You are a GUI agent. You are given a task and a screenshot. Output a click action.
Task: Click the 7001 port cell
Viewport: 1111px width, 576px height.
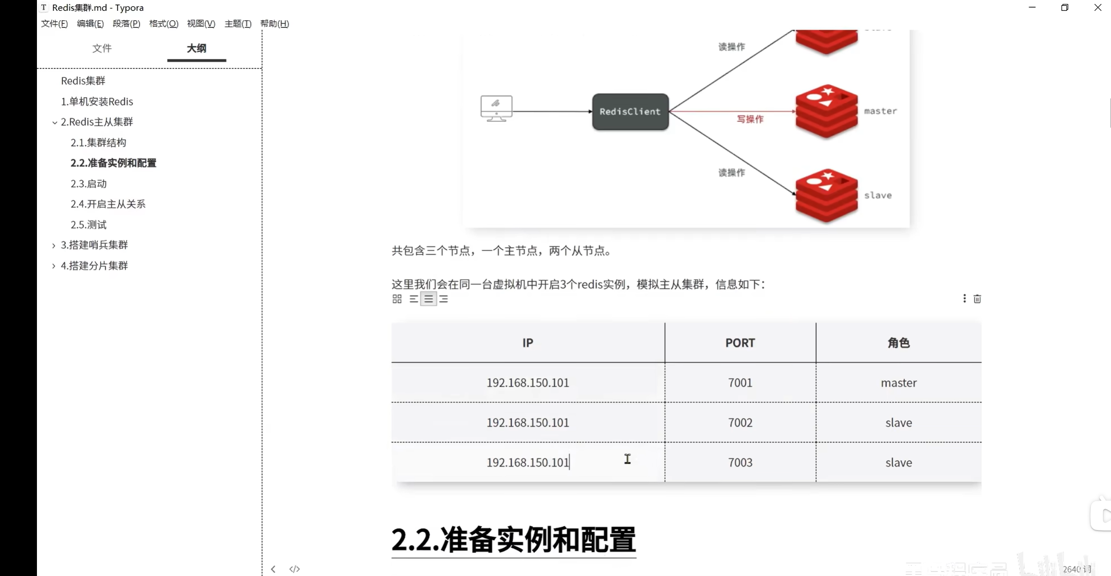pyautogui.click(x=740, y=383)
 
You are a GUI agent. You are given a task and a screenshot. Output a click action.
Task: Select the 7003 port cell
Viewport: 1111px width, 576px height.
pyautogui.click(x=740, y=462)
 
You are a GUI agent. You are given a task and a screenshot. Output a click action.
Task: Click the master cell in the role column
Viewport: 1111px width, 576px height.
pyautogui.click(x=898, y=383)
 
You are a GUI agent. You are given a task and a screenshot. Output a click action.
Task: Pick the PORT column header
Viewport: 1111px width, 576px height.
pyautogui.click(x=740, y=343)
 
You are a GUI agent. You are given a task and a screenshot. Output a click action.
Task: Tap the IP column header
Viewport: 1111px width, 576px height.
pyautogui.click(x=528, y=343)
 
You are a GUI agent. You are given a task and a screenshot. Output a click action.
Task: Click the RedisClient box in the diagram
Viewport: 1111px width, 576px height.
pyautogui.click(x=630, y=112)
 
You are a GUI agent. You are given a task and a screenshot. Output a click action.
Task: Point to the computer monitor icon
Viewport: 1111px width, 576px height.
pyautogui.click(x=496, y=108)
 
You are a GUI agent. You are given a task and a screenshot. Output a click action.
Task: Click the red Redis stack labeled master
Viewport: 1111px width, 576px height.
pyautogui.click(x=826, y=111)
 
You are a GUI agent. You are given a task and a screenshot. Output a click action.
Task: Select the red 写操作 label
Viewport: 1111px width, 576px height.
pyautogui.click(x=750, y=119)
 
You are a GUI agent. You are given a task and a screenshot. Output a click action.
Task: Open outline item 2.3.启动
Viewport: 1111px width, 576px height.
pyautogui.click(x=89, y=183)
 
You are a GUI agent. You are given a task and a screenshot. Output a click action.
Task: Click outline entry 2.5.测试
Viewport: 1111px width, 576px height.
pyautogui.click(x=89, y=224)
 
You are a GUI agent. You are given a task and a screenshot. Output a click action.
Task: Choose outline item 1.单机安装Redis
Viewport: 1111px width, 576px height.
pyautogui.click(x=97, y=101)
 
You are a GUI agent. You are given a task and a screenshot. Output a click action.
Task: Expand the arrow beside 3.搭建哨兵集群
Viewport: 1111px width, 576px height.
pyautogui.click(x=54, y=245)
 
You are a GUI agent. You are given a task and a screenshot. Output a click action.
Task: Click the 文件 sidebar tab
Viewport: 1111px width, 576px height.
pyautogui.click(x=102, y=48)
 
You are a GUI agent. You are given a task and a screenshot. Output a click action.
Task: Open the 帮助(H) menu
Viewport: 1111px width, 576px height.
pyautogui.click(x=274, y=23)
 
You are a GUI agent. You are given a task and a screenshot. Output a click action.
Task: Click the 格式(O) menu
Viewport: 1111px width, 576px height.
pyautogui.click(x=164, y=23)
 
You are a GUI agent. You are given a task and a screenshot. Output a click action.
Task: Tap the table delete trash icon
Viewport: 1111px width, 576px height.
pyautogui.click(x=977, y=299)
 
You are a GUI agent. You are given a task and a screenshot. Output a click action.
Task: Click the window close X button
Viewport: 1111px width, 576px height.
pyautogui.click(x=1097, y=8)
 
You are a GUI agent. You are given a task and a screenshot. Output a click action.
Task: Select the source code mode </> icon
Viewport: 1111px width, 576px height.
pyautogui.click(x=295, y=569)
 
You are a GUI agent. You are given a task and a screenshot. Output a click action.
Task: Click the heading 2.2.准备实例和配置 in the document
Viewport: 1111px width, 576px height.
pyautogui.click(x=514, y=539)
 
